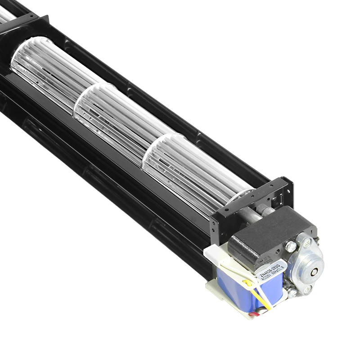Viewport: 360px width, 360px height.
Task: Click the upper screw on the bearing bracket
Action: pyautogui.click(x=308, y=242)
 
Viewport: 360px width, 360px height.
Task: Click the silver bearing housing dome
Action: pyautogui.click(x=306, y=265)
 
